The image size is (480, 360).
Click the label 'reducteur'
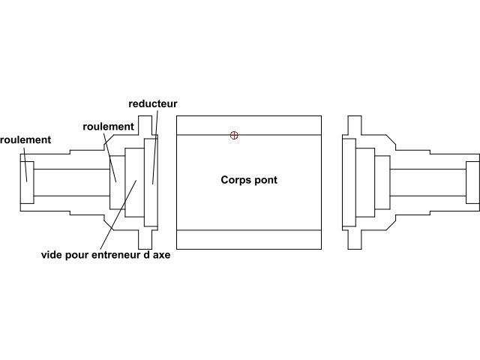click(x=153, y=103)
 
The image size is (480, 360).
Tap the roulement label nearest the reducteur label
click(x=108, y=127)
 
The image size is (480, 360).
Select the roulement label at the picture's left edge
click(x=25, y=140)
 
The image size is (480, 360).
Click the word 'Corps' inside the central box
click(x=235, y=181)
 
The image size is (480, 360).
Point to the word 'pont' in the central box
click(x=265, y=181)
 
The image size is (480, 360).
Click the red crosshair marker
click(x=235, y=135)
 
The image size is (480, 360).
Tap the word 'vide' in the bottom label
click(x=53, y=254)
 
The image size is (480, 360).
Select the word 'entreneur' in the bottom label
click(x=121, y=254)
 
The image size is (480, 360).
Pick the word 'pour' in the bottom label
click(x=79, y=254)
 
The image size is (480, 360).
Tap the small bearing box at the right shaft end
click(x=472, y=182)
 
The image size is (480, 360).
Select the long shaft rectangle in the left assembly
click(x=72, y=182)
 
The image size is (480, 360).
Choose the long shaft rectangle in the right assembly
click(x=427, y=182)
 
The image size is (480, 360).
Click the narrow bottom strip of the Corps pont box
click(x=249, y=239)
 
